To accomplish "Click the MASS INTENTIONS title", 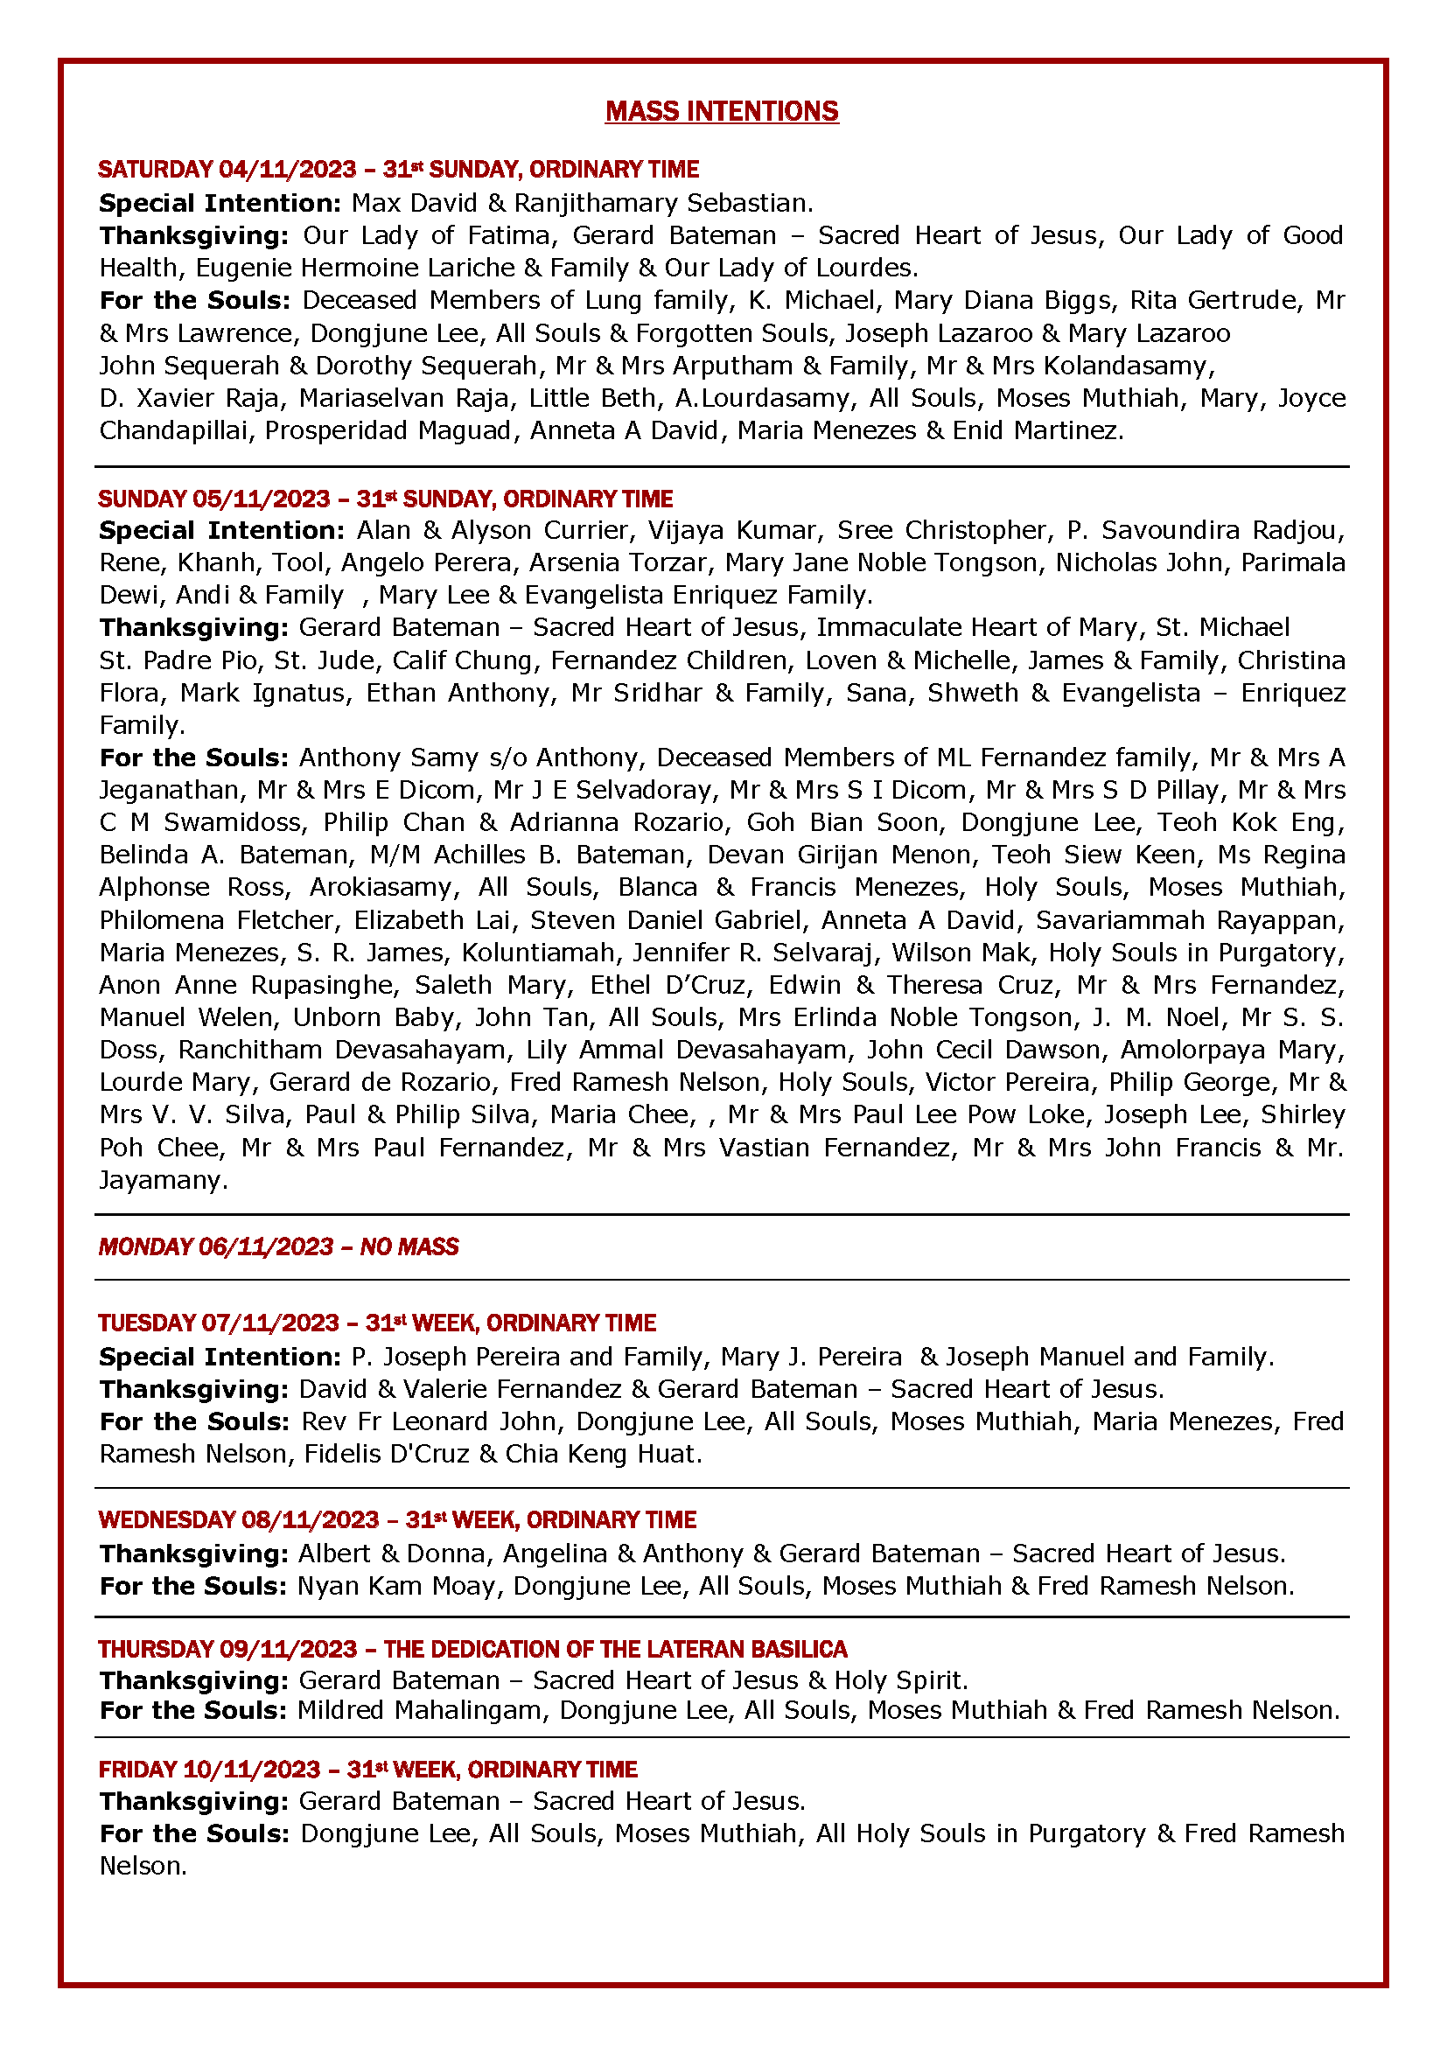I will tap(722, 111).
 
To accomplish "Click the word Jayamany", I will tap(163, 1180).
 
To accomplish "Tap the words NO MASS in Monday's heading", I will tap(409, 1246).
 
